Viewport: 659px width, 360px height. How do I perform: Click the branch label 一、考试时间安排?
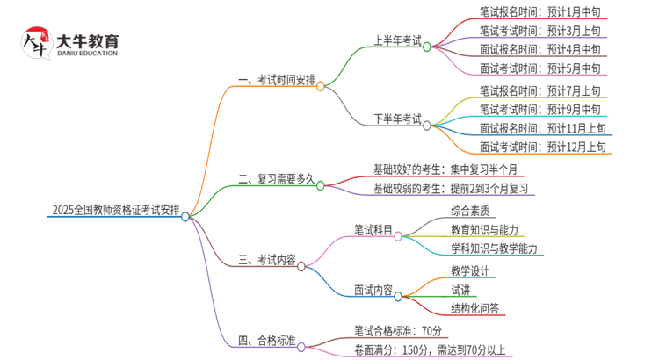tap(276, 79)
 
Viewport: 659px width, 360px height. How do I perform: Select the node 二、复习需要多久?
tap(276, 178)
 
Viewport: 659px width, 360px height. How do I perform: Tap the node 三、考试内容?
tap(267, 260)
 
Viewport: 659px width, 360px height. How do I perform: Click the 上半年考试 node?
tap(397, 40)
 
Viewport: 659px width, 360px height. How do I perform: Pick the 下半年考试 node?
tap(397, 119)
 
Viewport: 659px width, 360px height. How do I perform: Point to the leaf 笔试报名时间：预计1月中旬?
tap(540, 11)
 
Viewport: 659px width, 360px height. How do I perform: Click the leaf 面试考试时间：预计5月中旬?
tap(540, 68)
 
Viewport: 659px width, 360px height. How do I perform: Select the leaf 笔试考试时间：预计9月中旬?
tap(540, 109)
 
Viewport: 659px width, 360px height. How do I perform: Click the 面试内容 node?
tap(373, 290)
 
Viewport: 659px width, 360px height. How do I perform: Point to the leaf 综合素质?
tap(471, 211)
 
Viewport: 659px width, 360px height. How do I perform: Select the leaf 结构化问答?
tap(474, 308)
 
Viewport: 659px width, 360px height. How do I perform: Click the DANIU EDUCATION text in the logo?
tap(87, 53)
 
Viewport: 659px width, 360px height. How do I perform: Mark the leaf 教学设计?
tap(471, 270)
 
